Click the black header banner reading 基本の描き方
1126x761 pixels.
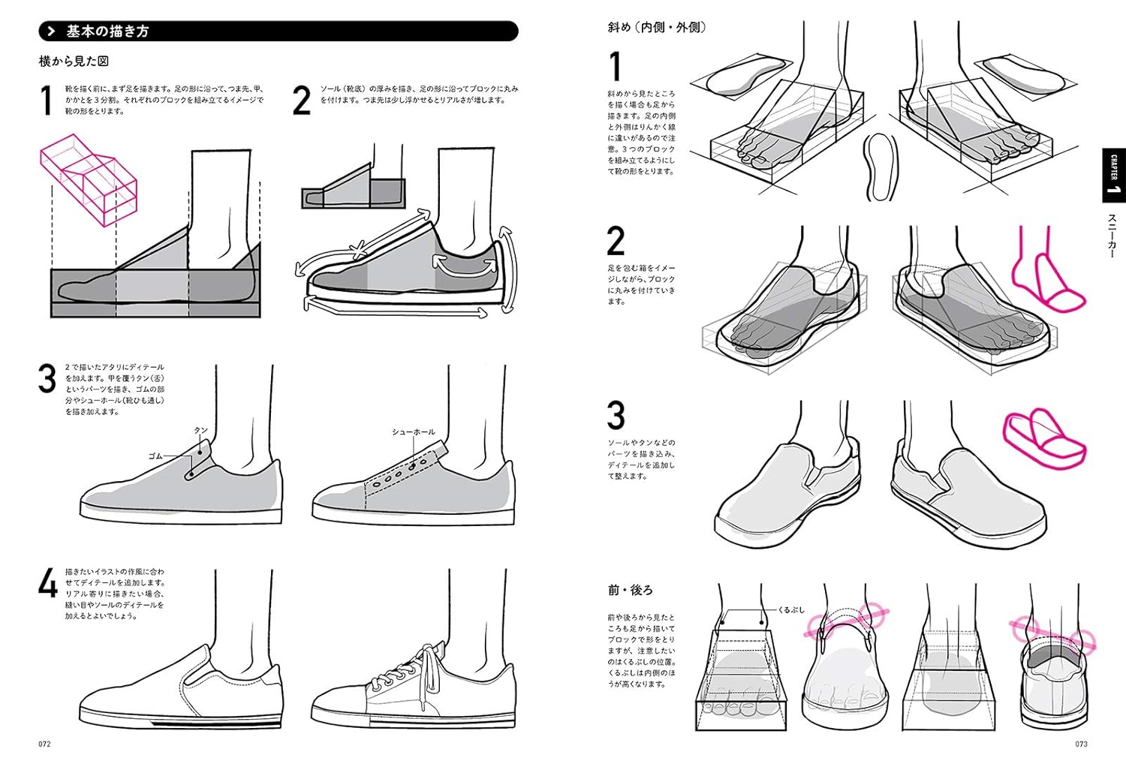278,32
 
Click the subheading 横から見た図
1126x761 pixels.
74,61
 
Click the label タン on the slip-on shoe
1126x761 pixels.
200,430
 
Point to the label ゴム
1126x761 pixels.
155,456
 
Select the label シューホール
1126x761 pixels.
413,432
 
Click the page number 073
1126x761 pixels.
1080,744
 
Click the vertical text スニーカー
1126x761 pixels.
1112,236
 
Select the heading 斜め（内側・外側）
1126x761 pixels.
657,28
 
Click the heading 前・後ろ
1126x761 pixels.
630,590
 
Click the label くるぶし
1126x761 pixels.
791,609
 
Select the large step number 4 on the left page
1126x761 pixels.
48,584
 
